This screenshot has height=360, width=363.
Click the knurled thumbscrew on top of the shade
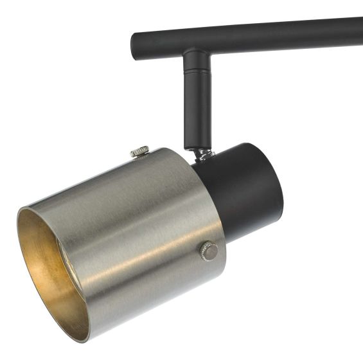click(x=139, y=152)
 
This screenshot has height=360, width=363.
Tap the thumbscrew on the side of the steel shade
click(x=208, y=250)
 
